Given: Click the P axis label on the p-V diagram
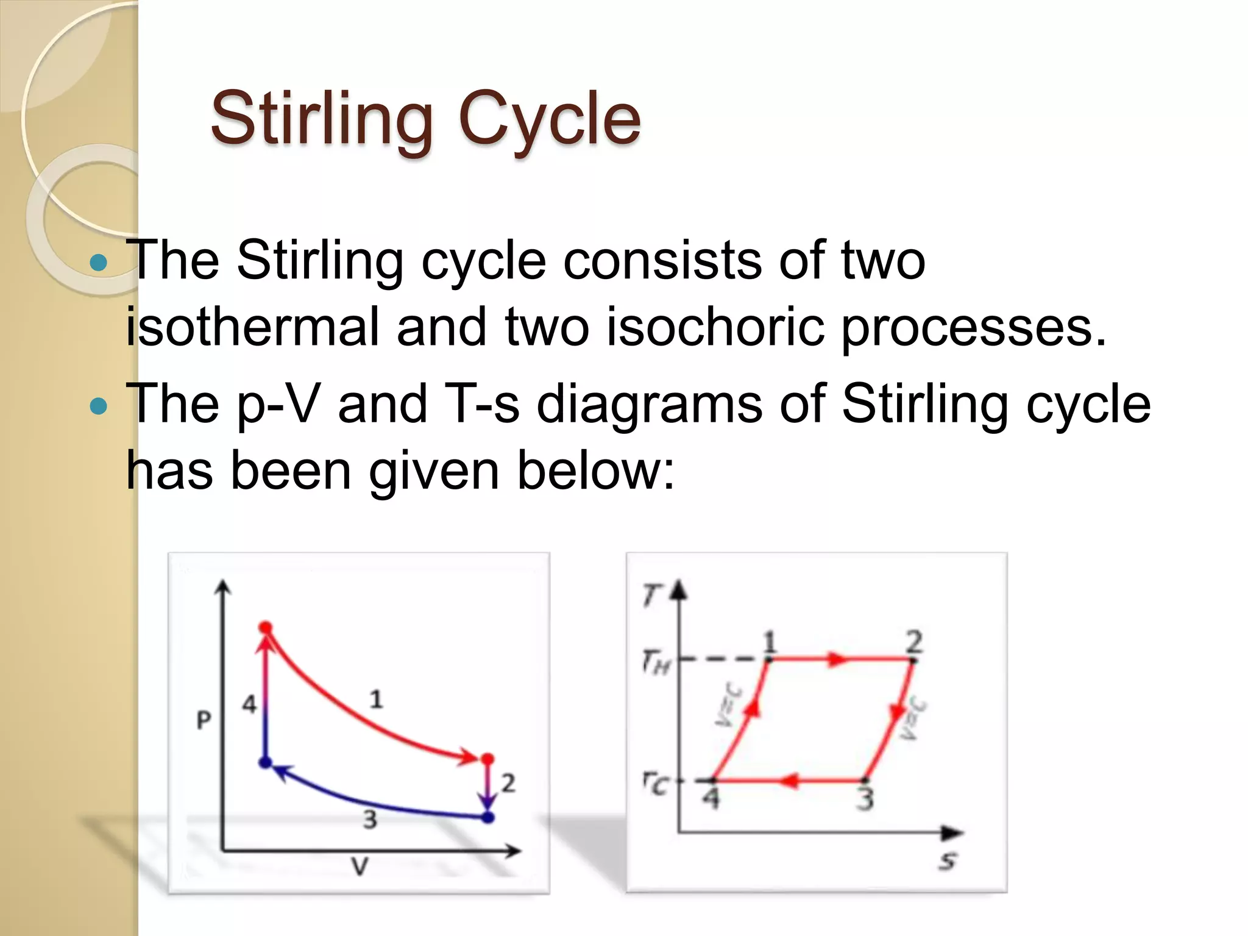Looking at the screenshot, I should coord(204,720).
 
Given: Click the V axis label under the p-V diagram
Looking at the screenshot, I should coord(360,866).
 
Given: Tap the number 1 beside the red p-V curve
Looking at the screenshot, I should coord(376,699).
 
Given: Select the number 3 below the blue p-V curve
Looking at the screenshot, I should coord(370,820).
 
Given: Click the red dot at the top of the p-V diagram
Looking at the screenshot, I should coord(266,628).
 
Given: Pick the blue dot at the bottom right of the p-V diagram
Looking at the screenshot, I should coord(487,817).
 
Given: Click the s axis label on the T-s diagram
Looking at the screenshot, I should coord(948,860).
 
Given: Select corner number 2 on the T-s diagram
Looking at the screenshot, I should coord(914,642).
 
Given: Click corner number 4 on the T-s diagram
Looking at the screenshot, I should coord(711,798).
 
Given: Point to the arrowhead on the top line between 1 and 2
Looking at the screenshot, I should coord(838,659).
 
